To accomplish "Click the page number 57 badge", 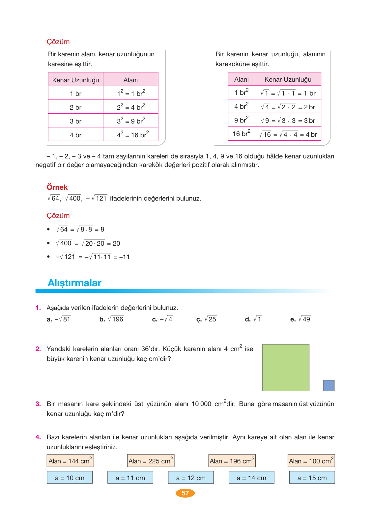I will (185, 493).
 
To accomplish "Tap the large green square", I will (286, 368).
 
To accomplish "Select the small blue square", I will (328, 385).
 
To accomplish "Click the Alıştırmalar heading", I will (74, 283).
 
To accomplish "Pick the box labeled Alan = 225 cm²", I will (151, 461).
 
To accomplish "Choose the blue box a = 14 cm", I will (251, 478).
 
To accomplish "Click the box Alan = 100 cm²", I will (311, 461).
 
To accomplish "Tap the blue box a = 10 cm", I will (70, 478).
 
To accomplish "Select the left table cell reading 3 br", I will (75, 121).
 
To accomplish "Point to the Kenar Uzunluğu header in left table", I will (75, 80).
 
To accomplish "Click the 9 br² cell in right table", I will (241, 120).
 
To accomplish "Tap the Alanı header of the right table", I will (241, 79).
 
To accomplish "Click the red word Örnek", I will (57, 187).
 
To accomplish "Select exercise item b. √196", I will (112, 319).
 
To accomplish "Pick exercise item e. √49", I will (300, 319).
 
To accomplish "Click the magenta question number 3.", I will (38, 404).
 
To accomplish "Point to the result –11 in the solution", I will (125, 257).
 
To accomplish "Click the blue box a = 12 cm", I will (191, 478).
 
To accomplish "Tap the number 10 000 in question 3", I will (201, 404).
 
